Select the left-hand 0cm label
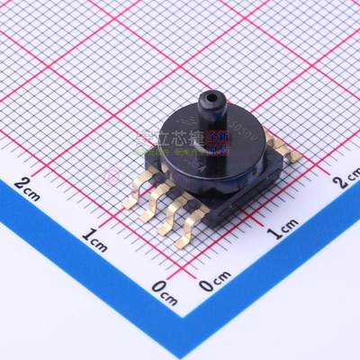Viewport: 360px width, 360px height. point(163,287)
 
